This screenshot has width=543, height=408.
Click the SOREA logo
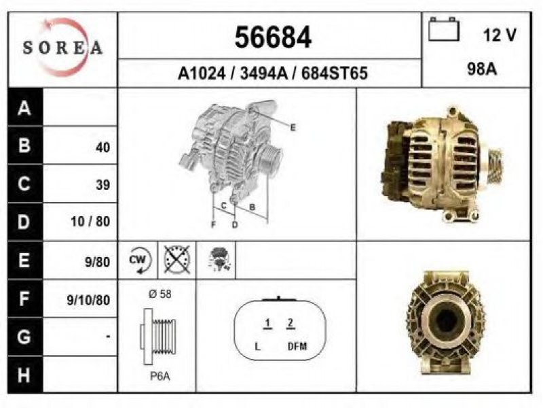click(62, 48)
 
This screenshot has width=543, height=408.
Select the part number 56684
click(273, 37)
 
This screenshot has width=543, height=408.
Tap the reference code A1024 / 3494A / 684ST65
click(273, 73)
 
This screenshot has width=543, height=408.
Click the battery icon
click(444, 29)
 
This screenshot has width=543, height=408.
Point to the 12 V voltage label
click(500, 35)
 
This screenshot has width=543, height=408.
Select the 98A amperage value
click(482, 69)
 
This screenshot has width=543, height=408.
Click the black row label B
click(24, 145)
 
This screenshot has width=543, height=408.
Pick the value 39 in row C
click(103, 184)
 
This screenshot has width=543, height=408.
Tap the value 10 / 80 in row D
click(90, 222)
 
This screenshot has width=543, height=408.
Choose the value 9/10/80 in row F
click(88, 300)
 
